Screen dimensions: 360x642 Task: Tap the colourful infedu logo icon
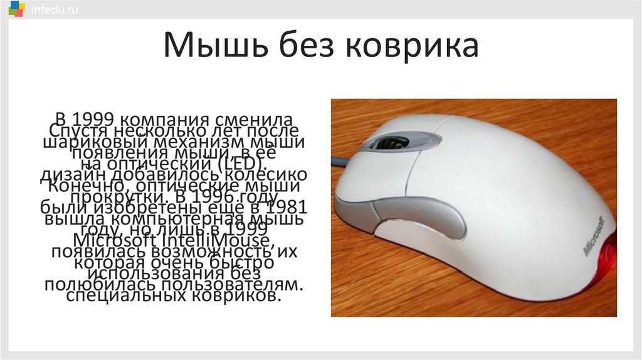16,10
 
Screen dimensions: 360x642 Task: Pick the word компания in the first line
164,119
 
